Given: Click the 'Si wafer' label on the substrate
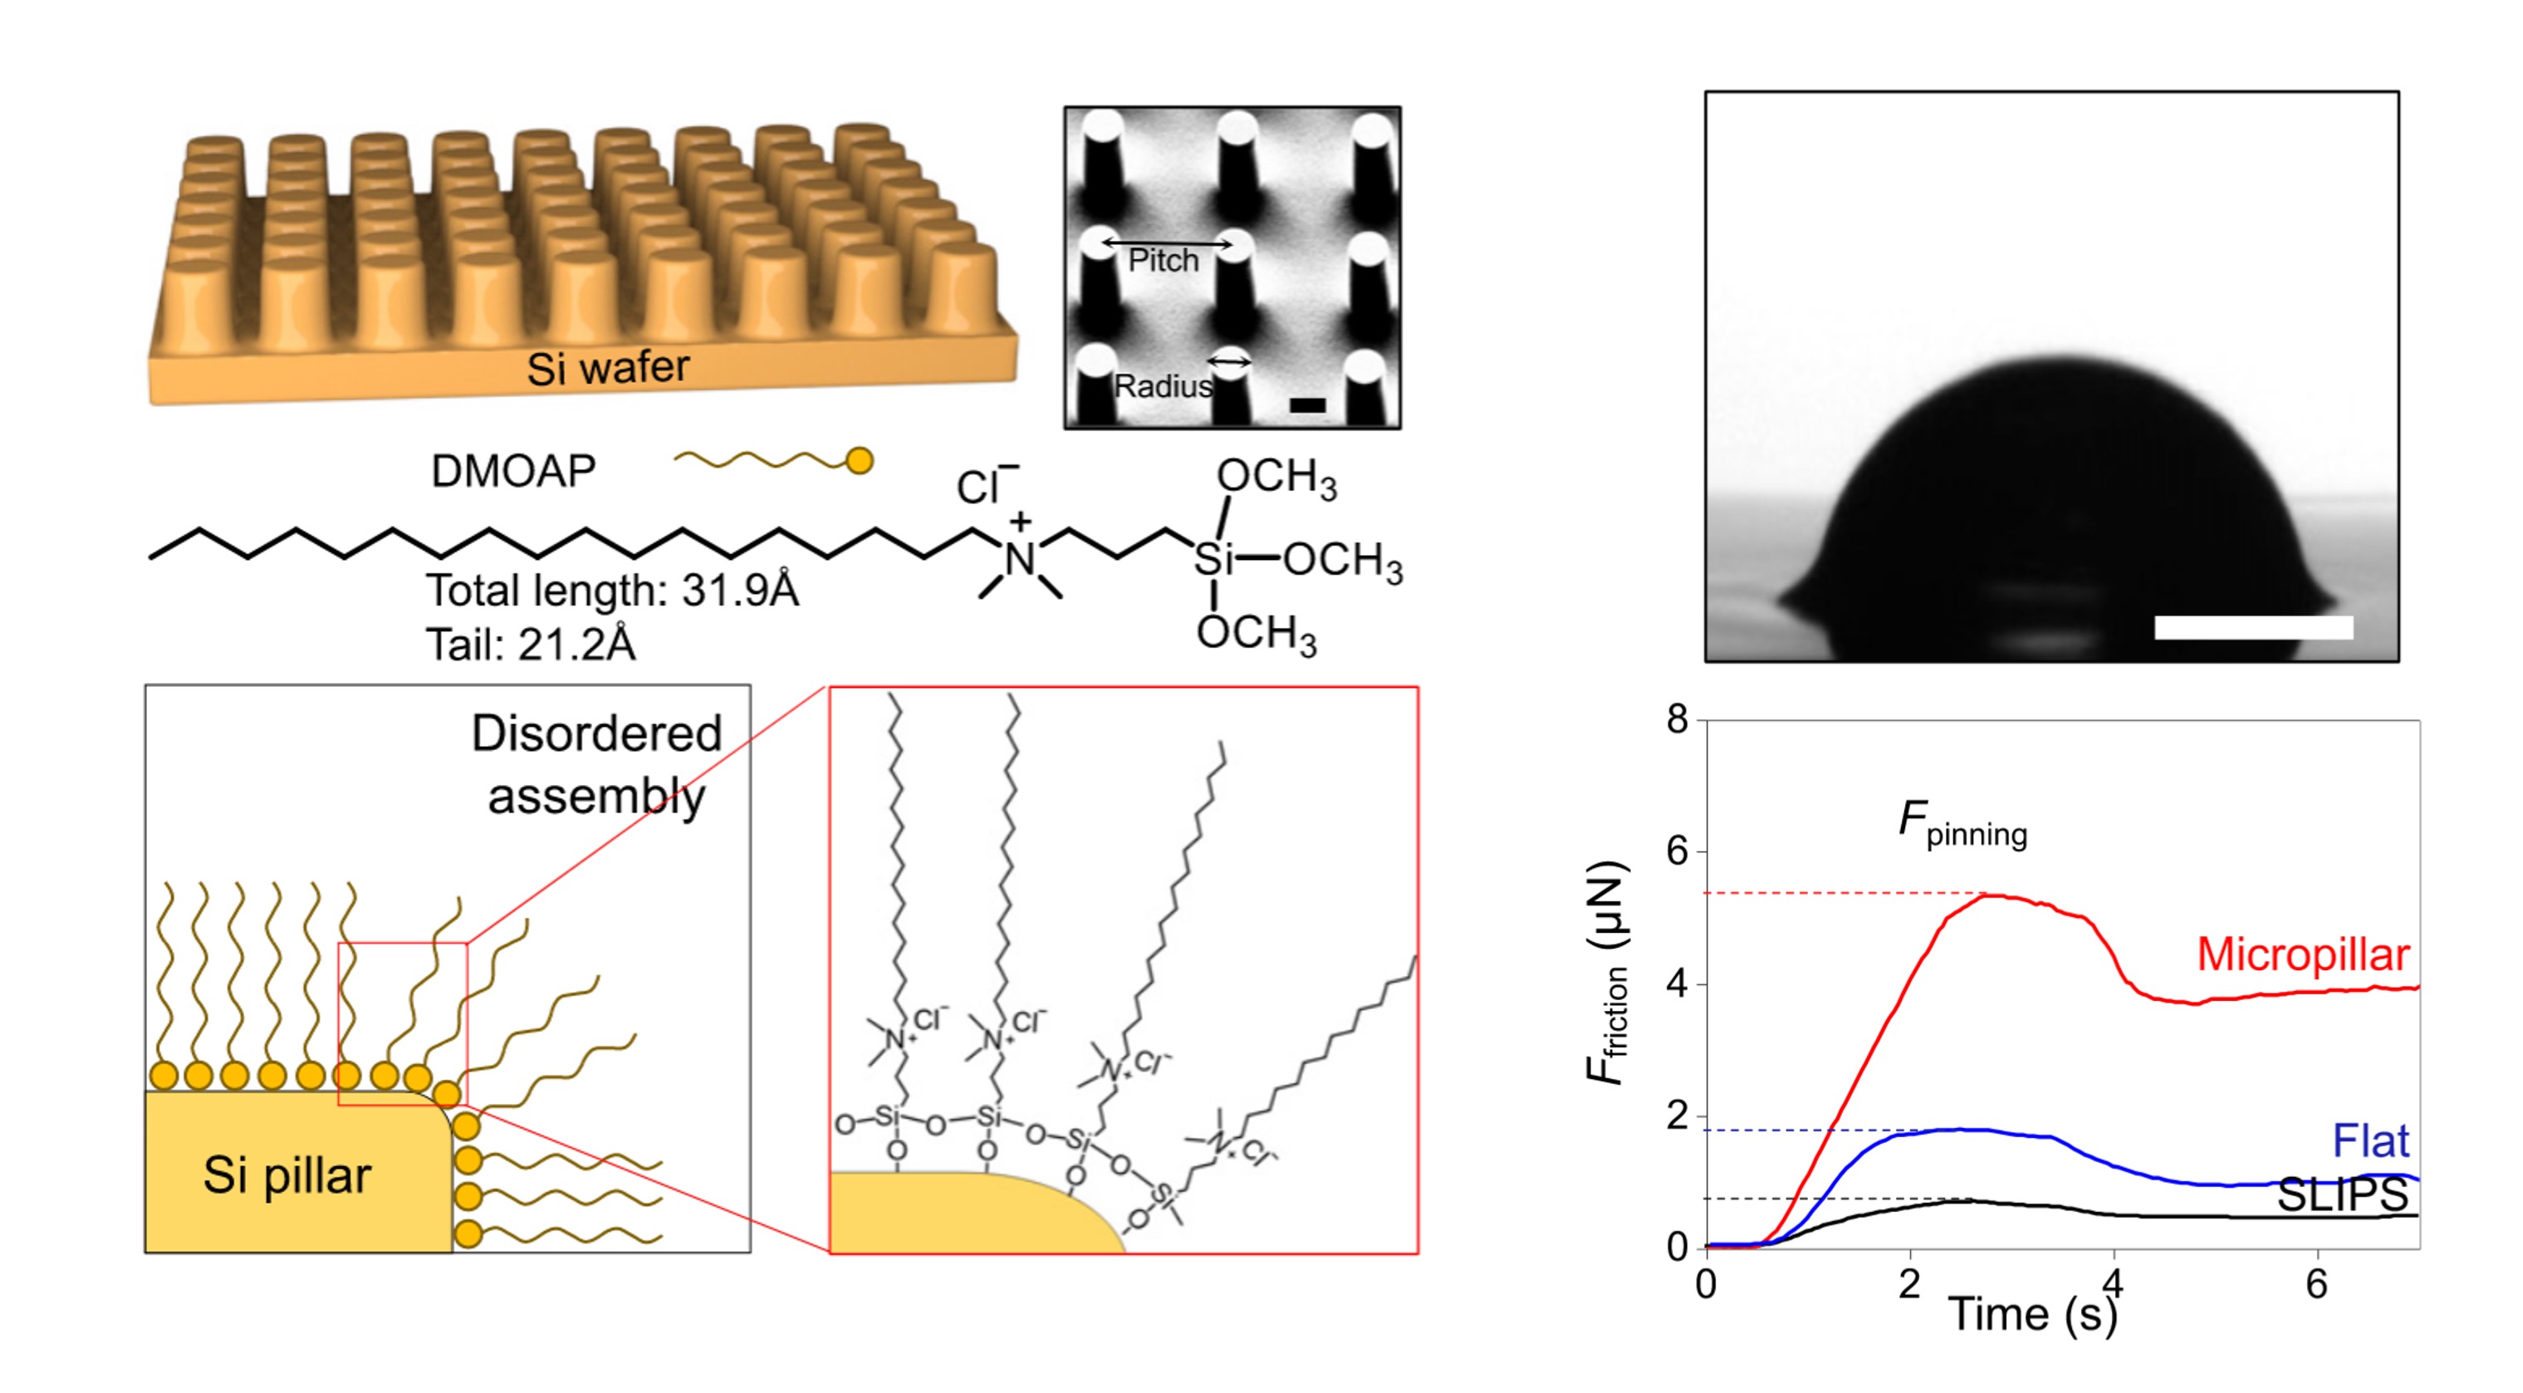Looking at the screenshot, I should [x=607, y=368].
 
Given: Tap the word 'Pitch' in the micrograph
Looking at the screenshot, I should [x=1163, y=261].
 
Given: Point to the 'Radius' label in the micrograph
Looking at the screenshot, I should [x=1163, y=386].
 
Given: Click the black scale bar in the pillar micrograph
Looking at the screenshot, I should [x=1306, y=405].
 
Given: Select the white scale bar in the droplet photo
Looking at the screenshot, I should [x=2252, y=628].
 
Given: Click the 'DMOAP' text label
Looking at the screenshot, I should [x=513, y=471].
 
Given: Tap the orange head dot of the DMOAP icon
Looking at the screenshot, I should [x=859, y=460].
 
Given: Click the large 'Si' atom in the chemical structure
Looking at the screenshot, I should [x=1213, y=559].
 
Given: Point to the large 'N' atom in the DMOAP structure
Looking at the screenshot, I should [x=1020, y=559].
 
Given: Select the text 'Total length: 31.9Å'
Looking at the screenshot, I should [x=612, y=591].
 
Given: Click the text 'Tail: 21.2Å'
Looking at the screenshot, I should [x=530, y=645].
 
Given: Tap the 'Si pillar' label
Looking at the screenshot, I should [x=287, y=1175].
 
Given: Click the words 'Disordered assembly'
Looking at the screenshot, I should [x=596, y=764].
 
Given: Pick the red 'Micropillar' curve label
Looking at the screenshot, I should [x=2303, y=954].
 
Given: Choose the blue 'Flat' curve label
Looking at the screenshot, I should [x=2370, y=1140].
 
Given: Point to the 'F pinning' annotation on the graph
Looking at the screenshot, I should [x=1962, y=823].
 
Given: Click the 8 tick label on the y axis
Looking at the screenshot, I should [x=1678, y=720].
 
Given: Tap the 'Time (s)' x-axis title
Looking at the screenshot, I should [x=2033, y=1313].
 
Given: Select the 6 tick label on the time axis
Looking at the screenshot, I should [x=2316, y=1284].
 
